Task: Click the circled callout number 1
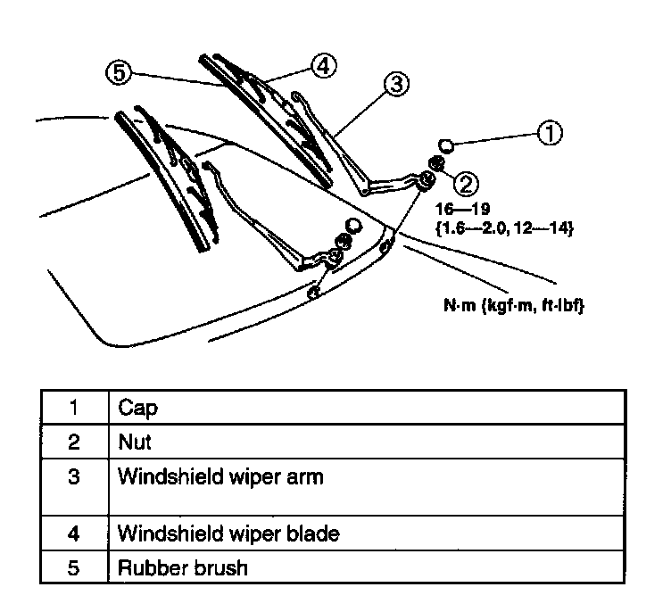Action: click(x=551, y=134)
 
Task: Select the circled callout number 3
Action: click(x=398, y=84)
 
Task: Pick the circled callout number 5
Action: click(x=118, y=72)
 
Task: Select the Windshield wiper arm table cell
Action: click(x=220, y=476)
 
